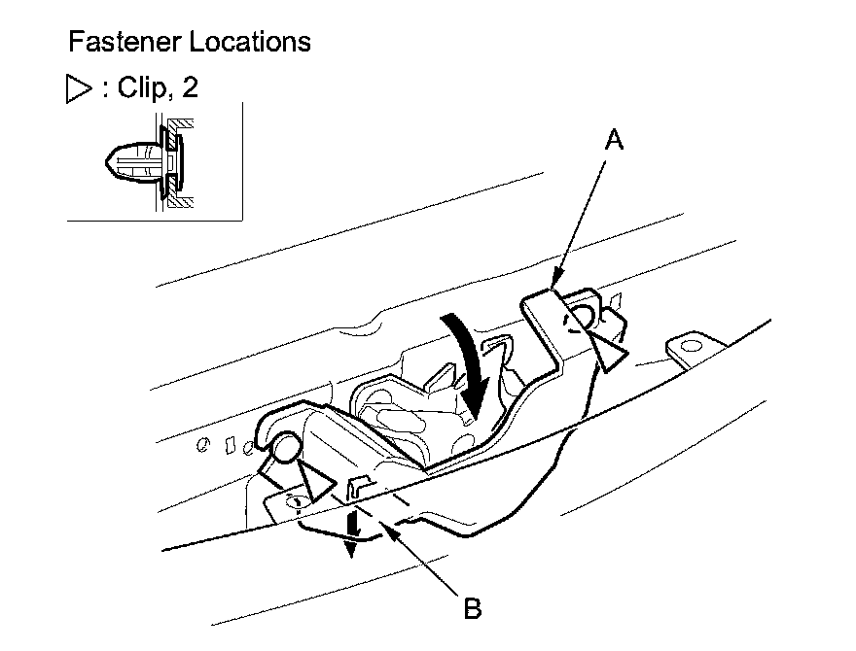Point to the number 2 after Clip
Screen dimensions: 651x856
point(190,88)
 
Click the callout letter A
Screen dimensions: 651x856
point(613,141)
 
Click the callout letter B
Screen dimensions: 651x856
point(472,610)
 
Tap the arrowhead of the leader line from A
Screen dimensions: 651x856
point(554,286)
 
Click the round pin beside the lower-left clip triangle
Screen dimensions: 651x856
point(284,448)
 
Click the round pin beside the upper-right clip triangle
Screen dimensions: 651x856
point(584,314)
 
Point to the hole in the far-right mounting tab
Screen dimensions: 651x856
point(691,345)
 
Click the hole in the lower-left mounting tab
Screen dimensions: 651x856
point(296,501)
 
